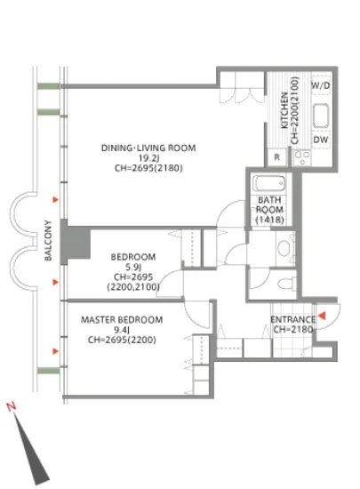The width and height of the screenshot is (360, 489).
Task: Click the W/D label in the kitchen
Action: click(x=321, y=85)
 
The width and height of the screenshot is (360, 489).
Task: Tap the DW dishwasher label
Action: click(x=321, y=140)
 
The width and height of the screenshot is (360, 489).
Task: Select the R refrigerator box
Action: click(x=276, y=157)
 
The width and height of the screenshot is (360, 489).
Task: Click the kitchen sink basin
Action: click(x=321, y=116)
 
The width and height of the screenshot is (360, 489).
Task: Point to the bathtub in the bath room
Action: click(x=268, y=183)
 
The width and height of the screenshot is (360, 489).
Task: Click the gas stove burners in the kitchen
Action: click(x=302, y=157)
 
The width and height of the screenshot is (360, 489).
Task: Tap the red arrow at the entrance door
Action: click(x=322, y=316)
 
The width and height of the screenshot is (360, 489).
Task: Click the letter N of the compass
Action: click(x=12, y=406)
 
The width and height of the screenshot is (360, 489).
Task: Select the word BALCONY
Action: click(x=48, y=240)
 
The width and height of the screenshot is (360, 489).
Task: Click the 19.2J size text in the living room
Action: click(x=148, y=157)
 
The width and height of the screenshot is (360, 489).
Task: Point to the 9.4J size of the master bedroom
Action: click(x=122, y=330)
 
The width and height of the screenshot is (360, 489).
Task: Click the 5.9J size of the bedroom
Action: click(x=133, y=267)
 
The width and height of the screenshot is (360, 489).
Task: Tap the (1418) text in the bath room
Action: click(x=269, y=220)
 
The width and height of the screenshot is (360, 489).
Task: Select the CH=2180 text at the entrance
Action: click(x=293, y=329)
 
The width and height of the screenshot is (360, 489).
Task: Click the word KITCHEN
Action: click(x=284, y=110)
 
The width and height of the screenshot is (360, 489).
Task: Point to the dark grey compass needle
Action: click(x=31, y=450)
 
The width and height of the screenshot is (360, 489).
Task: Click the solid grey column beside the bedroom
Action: click(x=76, y=243)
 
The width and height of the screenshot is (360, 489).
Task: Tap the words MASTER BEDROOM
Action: click(x=122, y=320)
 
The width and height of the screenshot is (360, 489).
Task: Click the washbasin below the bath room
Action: click(x=284, y=248)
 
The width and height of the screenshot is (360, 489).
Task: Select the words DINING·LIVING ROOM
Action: click(x=148, y=148)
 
